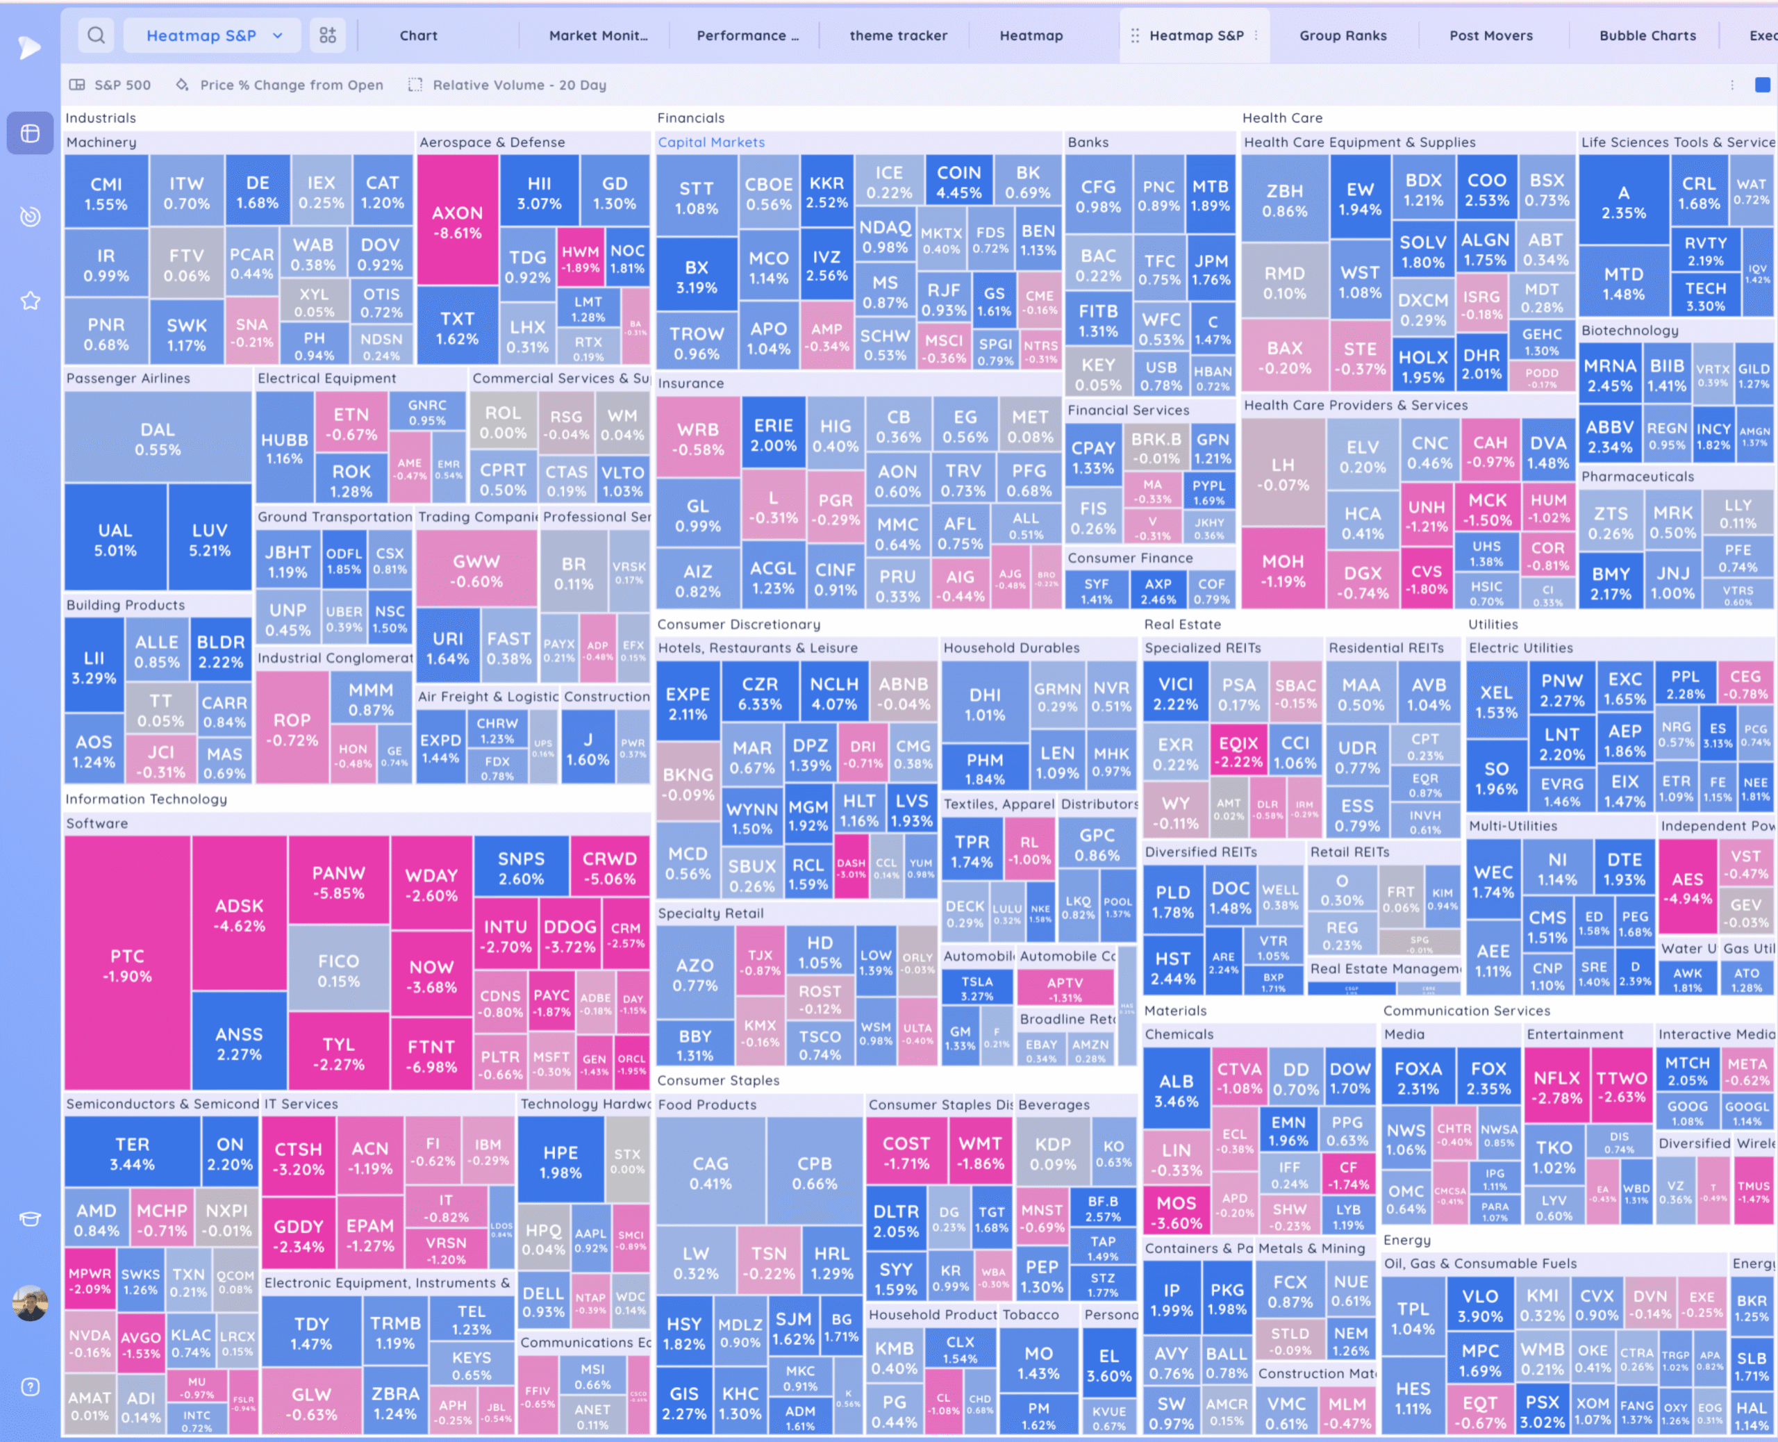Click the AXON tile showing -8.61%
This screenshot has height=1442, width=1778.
(457, 222)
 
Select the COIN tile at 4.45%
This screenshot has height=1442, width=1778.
(958, 182)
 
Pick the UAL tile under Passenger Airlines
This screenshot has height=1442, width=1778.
(115, 539)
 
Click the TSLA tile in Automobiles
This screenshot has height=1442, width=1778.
(977, 988)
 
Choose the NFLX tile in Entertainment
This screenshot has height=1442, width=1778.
(1556, 1086)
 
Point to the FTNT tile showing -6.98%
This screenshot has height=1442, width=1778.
(431, 1056)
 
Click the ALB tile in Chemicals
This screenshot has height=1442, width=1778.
(1176, 1090)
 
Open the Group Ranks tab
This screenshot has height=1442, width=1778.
(1342, 35)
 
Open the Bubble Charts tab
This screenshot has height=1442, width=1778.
(1647, 35)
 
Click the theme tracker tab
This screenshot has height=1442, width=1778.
(898, 35)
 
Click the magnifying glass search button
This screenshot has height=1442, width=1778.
(97, 35)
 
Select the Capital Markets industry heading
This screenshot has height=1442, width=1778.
(711, 142)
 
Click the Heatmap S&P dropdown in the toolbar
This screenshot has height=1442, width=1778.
(213, 35)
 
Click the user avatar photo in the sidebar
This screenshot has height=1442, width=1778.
(30, 1302)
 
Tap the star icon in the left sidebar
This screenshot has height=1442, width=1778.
(30, 301)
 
